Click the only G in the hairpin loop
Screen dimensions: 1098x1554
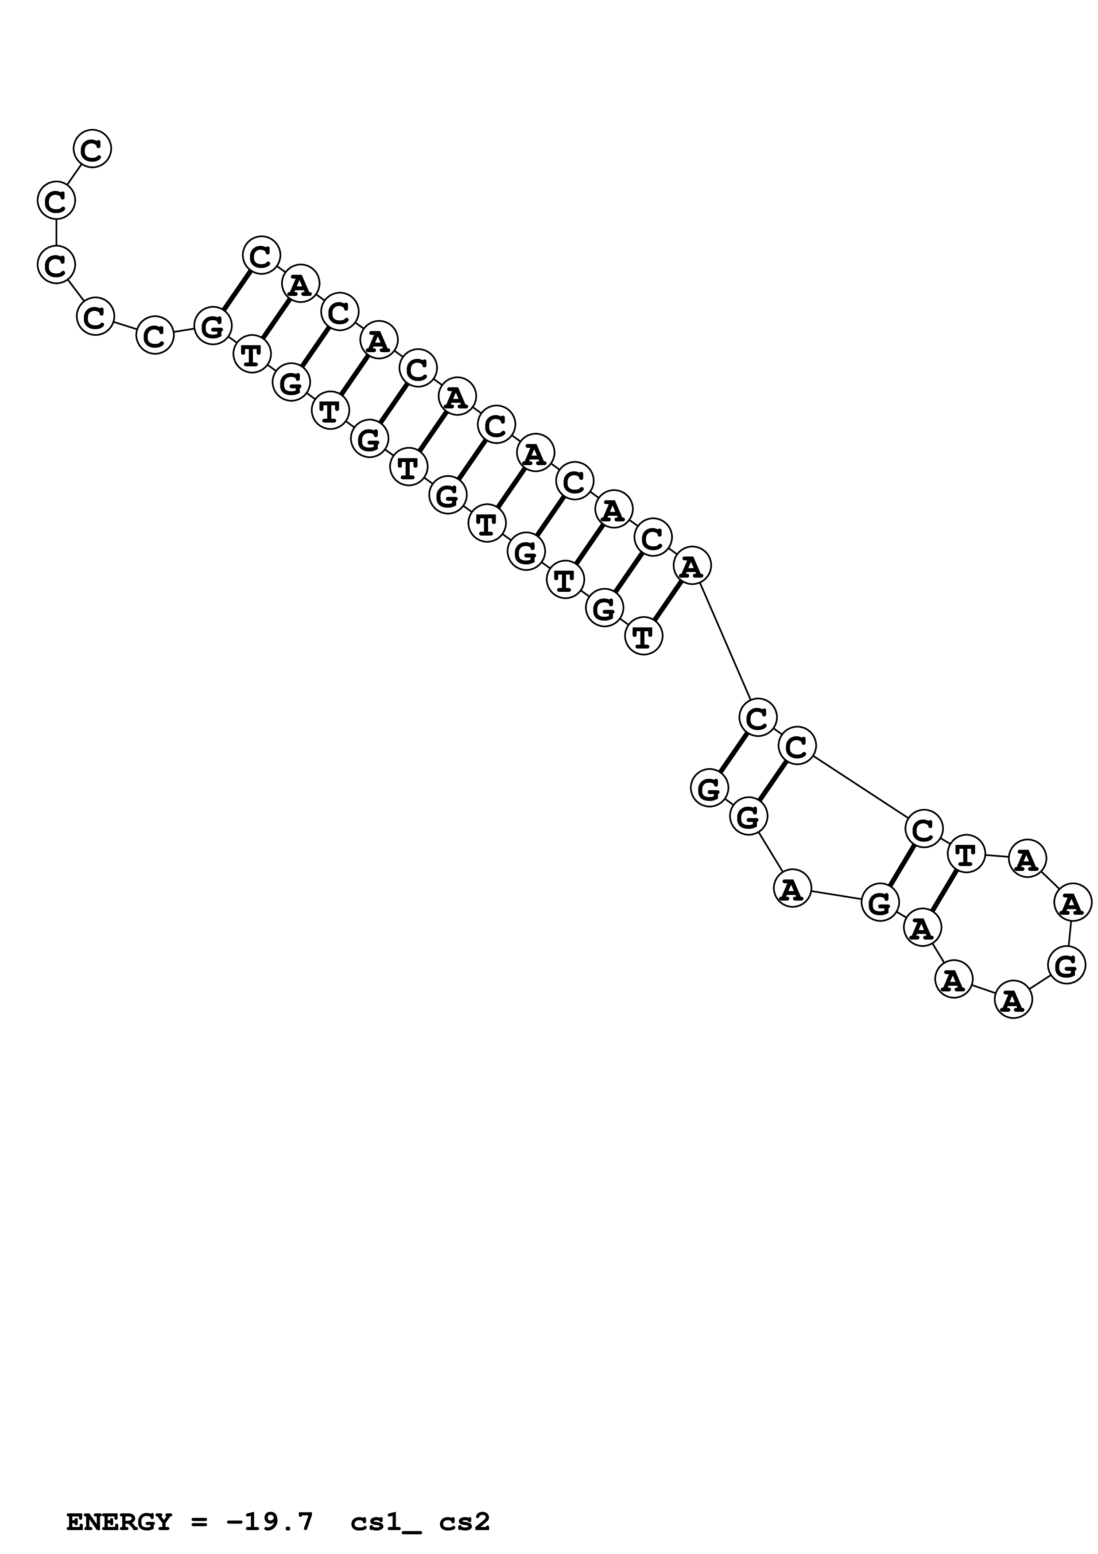click(1066, 965)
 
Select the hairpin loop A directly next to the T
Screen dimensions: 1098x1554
click(1027, 859)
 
